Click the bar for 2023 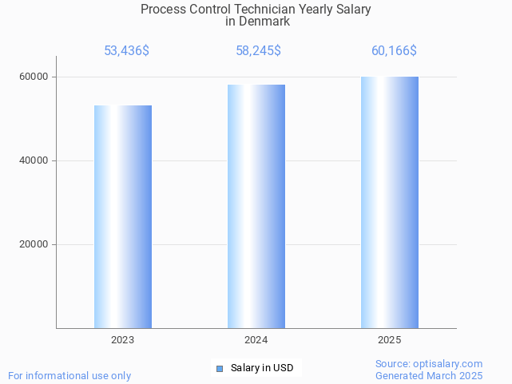[x=123, y=216]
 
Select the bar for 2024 [x=256, y=206]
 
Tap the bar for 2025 [x=390, y=202]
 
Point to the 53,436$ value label [x=126, y=51]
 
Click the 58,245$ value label [x=258, y=51]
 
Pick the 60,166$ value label [x=394, y=51]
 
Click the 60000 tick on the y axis [x=34, y=77]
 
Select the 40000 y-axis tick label [x=34, y=160]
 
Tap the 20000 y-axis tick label [x=34, y=244]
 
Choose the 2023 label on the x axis [x=123, y=340]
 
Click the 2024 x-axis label [x=256, y=340]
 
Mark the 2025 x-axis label [x=390, y=340]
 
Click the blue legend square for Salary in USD [x=220, y=368]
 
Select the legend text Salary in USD [x=262, y=368]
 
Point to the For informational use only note [x=69, y=375]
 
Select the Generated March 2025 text [x=429, y=375]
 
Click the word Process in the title [x=162, y=10]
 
